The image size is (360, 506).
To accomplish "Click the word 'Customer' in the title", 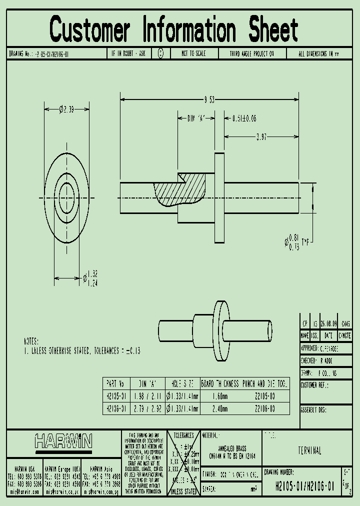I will click(90, 30).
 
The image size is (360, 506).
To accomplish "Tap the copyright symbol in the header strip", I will click(160, 53).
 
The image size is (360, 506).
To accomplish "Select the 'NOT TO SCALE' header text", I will click(193, 53).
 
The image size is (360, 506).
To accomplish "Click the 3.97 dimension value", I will click(261, 136).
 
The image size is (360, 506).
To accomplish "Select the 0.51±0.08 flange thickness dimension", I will click(244, 118).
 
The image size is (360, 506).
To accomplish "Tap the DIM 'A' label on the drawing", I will click(196, 118).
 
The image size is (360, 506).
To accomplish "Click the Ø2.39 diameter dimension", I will click(66, 109).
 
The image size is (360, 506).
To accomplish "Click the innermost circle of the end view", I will click(66, 197).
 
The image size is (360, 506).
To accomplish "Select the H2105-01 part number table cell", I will click(116, 396).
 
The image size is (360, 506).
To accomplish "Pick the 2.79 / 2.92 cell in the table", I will click(147, 408).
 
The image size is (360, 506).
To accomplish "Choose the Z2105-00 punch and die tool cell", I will click(265, 396).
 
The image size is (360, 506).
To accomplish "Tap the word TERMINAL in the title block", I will click(309, 451).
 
